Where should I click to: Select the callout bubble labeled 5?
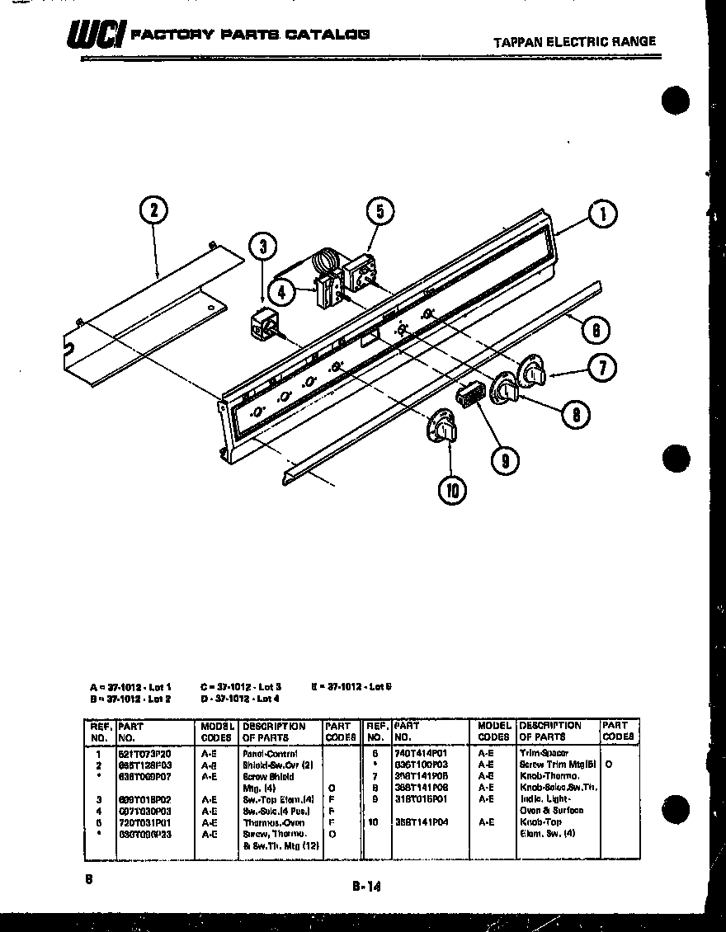point(379,212)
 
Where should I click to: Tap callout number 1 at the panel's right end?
point(603,215)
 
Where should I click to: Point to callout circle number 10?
point(451,490)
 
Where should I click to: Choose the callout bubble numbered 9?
point(505,459)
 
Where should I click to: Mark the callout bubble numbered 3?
point(262,246)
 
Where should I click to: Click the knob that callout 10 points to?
point(442,429)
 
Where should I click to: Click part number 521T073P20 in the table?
point(144,754)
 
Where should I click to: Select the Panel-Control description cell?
point(270,754)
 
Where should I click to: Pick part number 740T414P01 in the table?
point(422,754)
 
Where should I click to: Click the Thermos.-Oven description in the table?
point(273,822)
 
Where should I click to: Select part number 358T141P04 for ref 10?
point(422,822)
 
